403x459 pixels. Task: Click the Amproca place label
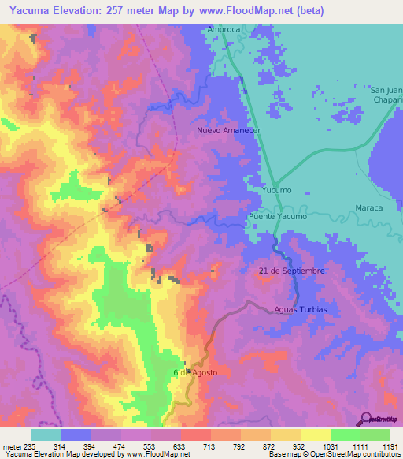pyautogui.click(x=223, y=30)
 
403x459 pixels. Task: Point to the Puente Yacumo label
pyautogui.click(x=276, y=216)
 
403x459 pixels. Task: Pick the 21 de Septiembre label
pyautogui.click(x=292, y=271)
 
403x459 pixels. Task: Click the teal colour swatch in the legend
pyautogui.click(x=46, y=434)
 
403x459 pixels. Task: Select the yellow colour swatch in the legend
pyautogui.click(x=316, y=434)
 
